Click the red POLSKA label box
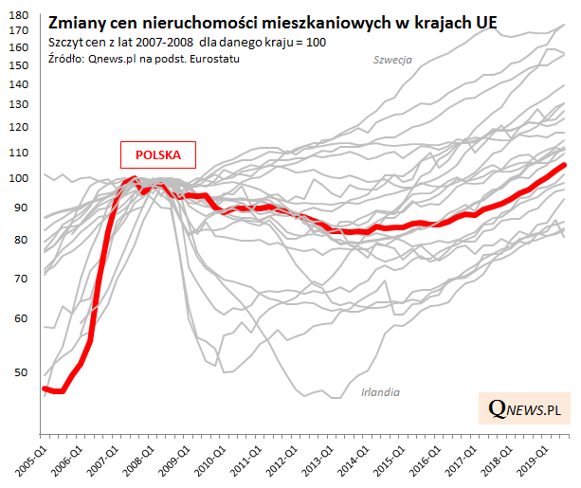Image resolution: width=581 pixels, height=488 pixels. pos(157,154)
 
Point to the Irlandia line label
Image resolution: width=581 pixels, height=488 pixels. pos(380,391)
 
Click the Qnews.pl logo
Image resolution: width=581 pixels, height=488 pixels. pos(523,408)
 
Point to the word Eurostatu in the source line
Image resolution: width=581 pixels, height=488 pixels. pos(209,59)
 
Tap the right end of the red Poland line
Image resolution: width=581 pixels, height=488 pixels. pos(566,165)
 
